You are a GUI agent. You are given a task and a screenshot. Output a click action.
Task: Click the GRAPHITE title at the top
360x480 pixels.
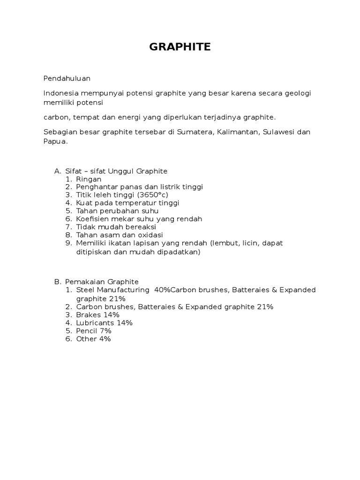point(180,47)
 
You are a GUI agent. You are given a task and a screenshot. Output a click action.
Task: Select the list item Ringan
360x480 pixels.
point(89,179)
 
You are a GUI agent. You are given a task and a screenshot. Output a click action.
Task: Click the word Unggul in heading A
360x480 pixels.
point(120,171)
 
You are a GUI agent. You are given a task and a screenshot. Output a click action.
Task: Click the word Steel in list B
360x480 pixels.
point(85,290)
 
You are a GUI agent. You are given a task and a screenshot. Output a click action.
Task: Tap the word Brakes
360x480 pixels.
point(89,315)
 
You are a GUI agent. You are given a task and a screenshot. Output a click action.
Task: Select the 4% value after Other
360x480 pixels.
point(105,338)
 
